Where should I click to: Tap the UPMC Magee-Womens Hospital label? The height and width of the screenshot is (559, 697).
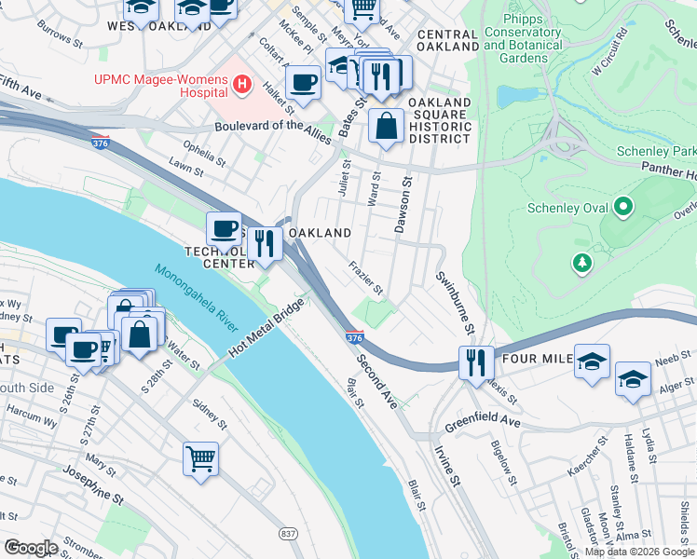160,86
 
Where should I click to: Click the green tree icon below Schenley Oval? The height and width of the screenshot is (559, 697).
582,265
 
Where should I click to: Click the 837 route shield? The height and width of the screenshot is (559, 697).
288,533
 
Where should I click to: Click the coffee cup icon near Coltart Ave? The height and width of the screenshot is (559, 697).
303,84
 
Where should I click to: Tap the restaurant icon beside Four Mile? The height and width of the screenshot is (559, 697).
476,361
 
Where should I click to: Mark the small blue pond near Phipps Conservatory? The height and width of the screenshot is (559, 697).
510,96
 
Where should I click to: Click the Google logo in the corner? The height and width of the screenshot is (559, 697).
30,548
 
